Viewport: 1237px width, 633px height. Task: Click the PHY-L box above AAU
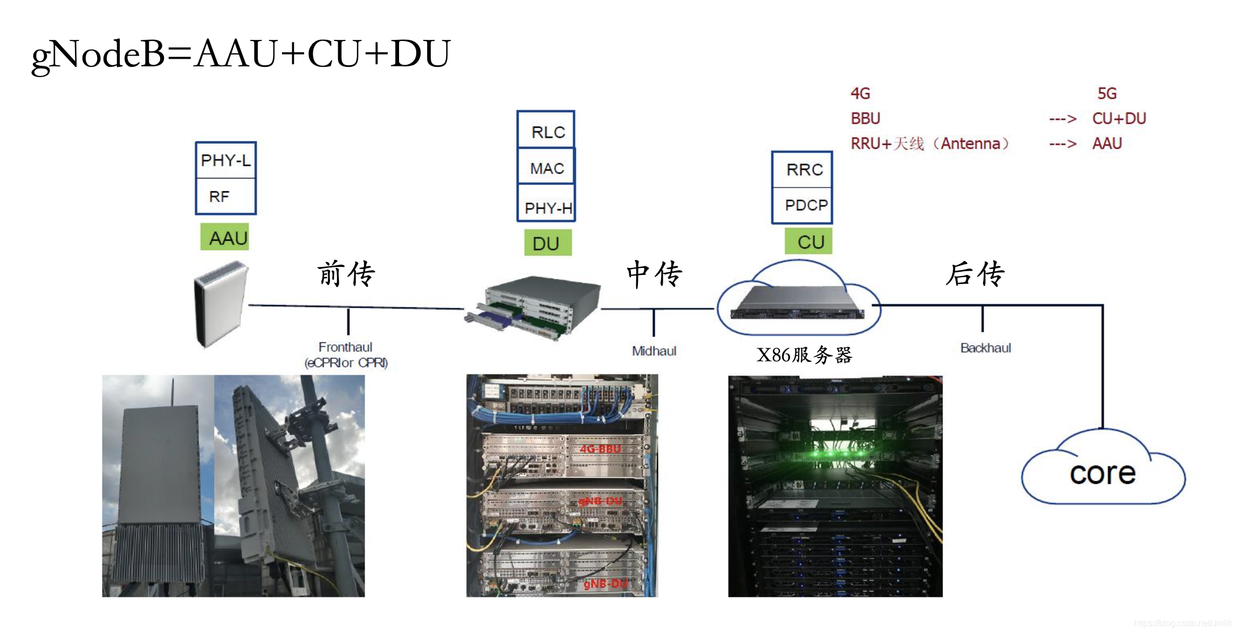tap(225, 160)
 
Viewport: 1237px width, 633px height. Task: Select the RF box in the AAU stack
tap(225, 196)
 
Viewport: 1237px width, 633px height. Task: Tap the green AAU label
tap(225, 238)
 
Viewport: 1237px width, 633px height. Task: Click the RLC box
tap(546, 131)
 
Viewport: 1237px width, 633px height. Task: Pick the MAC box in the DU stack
tap(546, 168)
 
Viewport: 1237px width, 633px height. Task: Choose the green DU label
tap(547, 243)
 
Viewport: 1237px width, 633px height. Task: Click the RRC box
tap(803, 169)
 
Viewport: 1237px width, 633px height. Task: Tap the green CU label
tap(809, 242)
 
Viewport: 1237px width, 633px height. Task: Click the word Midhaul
tap(654, 351)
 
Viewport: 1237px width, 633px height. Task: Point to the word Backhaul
tap(985, 348)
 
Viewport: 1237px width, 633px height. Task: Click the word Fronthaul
tap(345, 347)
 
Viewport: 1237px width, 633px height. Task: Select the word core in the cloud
tap(1103, 474)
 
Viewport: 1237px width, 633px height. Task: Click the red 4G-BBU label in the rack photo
tap(600, 449)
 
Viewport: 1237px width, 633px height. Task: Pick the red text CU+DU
tap(1119, 119)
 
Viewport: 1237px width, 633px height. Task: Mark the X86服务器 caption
tap(804, 355)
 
